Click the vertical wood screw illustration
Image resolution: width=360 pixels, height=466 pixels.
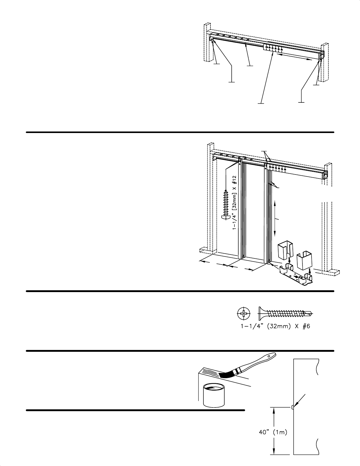click(x=226, y=206)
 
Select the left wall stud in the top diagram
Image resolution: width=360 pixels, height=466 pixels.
click(x=207, y=42)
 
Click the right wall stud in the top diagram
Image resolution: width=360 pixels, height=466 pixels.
click(x=325, y=62)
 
